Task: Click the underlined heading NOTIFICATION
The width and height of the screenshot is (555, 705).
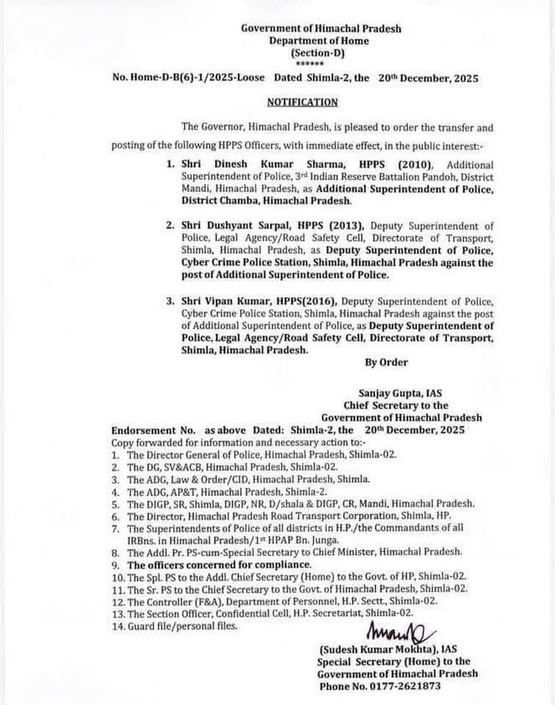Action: (302, 103)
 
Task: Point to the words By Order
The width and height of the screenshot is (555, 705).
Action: (386, 362)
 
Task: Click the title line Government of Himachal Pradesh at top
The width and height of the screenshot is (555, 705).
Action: (322, 29)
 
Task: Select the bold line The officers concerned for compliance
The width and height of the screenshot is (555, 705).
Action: (220, 565)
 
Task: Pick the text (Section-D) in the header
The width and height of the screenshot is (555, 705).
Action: (318, 54)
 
